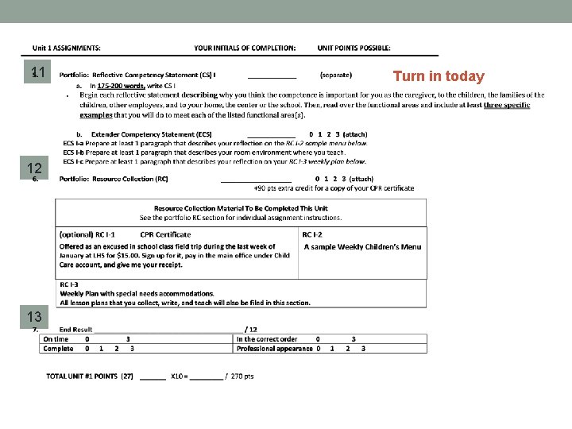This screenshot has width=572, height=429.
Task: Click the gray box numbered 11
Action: pyautogui.click(x=37, y=73)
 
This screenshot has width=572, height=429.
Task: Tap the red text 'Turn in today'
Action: pyautogui.click(x=439, y=76)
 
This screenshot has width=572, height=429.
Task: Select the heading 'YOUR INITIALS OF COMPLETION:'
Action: pyautogui.click(x=245, y=48)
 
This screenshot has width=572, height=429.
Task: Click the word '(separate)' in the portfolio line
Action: pyautogui.click(x=336, y=75)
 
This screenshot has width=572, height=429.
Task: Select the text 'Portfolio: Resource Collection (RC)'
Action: pyautogui.click(x=114, y=179)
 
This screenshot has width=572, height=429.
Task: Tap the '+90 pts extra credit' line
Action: pyautogui.click(x=334, y=188)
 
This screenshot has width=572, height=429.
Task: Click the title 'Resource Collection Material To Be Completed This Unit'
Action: pyautogui.click(x=241, y=208)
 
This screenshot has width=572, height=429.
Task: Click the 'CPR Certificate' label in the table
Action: pyautogui.click(x=165, y=234)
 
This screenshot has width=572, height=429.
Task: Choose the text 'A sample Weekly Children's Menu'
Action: pyautogui.click(x=362, y=247)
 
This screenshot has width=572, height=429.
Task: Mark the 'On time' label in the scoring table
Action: pyautogui.click(x=56, y=339)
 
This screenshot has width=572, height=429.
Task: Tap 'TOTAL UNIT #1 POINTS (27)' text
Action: pyautogui.click(x=90, y=376)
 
